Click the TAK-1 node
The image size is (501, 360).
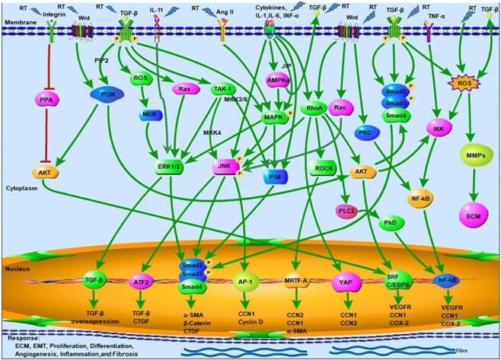[223, 89]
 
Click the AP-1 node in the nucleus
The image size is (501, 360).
[245, 279]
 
